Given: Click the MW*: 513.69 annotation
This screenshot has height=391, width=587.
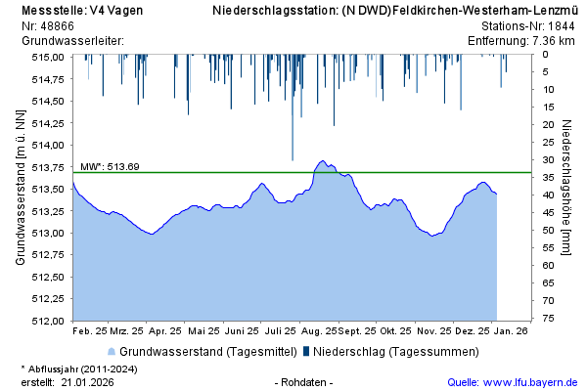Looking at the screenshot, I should (110, 166).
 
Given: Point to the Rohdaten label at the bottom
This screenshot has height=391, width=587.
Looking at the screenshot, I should (304, 381).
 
